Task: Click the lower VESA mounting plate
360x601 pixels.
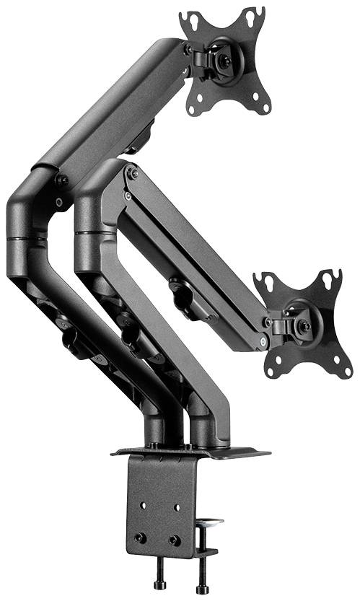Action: tap(303, 325)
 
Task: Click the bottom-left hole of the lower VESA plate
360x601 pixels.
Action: tap(271, 371)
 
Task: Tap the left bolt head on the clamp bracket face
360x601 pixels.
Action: tap(141, 538)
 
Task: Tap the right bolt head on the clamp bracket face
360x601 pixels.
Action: tap(174, 540)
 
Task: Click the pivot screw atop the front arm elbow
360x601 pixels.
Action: tap(132, 174)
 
